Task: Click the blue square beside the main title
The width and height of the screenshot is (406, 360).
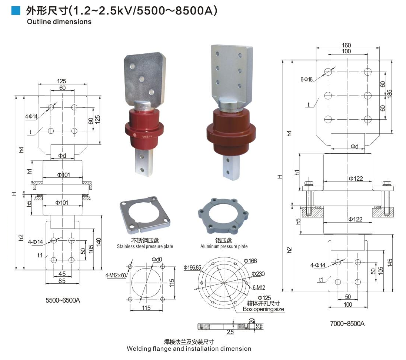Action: (x=16, y=10)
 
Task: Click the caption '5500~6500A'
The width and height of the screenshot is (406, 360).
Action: (x=63, y=300)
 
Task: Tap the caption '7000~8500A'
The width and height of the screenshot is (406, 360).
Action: (x=347, y=323)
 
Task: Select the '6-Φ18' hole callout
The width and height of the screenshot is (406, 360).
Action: (x=307, y=80)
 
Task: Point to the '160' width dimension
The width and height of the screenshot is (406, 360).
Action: (x=346, y=45)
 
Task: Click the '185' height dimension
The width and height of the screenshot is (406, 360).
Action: (x=389, y=94)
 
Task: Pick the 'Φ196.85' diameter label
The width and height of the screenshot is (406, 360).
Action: (x=192, y=267)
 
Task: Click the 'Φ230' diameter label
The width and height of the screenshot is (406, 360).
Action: (x=258, y=274)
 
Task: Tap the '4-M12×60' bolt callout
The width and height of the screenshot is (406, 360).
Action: (x=116, y=275)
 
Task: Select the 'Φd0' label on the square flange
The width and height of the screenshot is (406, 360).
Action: (x=157, y=259)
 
